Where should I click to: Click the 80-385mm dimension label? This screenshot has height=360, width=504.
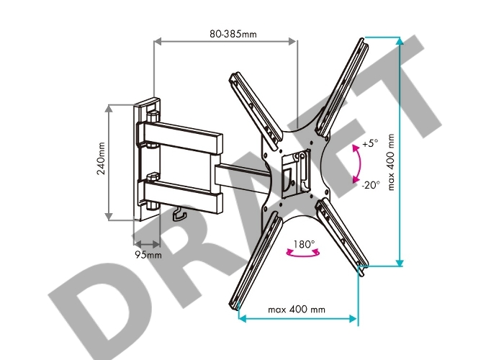click(x=233, y=34)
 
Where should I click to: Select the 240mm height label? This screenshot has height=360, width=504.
click(x=102, y=158)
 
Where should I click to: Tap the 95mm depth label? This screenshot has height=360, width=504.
click(x=148, y=255)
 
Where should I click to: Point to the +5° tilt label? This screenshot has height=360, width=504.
click(x=370, y=143)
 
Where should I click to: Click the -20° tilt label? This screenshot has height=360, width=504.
click(x=371, y=185)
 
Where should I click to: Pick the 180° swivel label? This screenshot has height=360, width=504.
click(x=304, y=244)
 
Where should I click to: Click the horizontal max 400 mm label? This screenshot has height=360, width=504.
click(x=297, y=309)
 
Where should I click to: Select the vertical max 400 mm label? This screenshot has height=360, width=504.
click(x=390, y=162)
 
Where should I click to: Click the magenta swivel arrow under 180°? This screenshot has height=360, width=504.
click(x=303, y=255)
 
